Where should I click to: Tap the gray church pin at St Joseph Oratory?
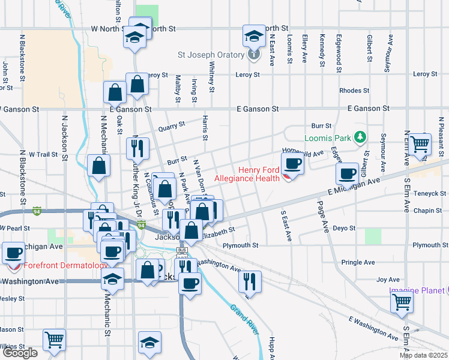point(254,55)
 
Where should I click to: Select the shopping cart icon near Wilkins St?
point(54,340)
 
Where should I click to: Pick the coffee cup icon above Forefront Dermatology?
point(14,253)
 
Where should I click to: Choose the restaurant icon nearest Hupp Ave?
point(250,281)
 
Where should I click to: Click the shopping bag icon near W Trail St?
point(98,166)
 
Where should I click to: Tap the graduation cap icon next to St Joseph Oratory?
point(254,35)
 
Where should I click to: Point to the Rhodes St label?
point(354,91)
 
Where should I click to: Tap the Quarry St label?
point(171,128)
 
